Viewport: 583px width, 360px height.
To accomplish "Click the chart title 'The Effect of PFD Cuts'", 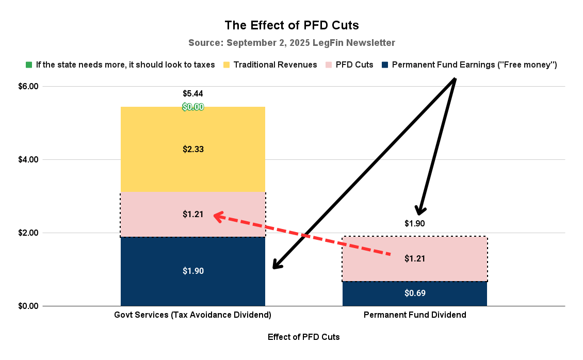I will (x=291, y=25).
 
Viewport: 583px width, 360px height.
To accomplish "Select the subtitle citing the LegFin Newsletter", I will (x=291, y=42).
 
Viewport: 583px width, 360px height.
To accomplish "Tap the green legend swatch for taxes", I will (x=29, y=65).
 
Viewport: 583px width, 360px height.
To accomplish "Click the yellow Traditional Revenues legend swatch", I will (x=226, y=65).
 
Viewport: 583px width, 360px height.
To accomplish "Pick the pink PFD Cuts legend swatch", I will (x=329, y=65).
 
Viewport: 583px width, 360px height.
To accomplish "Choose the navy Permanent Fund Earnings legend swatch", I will (x=385, y=65).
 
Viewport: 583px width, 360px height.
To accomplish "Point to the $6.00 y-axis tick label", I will (x=28, y=87).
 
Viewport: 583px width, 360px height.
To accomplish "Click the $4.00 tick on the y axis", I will (x=28, y=160).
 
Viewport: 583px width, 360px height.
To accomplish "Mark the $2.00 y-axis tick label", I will (x=28, y=233).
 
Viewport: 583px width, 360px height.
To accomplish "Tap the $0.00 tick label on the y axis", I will (x=28, y=306).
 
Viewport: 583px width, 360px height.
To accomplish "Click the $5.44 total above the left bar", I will (x=193, y=94).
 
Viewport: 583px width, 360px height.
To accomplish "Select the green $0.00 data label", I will (x=193, y=107).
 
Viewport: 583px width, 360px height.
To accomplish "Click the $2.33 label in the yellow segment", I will (x=193, y=150).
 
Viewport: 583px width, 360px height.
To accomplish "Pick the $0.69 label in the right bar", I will (x=415, y=293).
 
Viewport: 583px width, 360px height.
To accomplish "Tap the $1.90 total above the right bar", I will (x=415, y=224).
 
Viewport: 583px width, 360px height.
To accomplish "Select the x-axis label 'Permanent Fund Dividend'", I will (x=415, y=315).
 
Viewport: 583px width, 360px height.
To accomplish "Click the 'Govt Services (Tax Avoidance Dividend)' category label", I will (x=193, y=315).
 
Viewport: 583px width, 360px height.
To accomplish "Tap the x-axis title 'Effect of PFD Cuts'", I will (x=304, y=337).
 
